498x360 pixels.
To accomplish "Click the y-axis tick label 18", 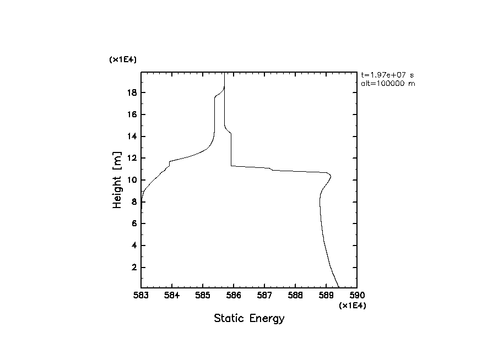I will pos(131,92).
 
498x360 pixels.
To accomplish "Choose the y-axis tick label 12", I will pos(131,158).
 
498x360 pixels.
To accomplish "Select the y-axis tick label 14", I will pos(131,137).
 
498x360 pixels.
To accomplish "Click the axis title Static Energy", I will pos(249,318).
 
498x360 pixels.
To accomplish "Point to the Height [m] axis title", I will pos(117,180).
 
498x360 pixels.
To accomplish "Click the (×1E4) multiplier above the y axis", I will pos(123,59).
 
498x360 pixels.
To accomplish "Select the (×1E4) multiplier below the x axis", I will pos(352,305).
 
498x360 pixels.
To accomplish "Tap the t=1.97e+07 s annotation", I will pos(387,74).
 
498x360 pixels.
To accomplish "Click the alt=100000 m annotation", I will pos(388,84).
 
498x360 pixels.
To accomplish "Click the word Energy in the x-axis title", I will pos(268,319).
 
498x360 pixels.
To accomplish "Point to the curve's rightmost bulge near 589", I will pos(330,176).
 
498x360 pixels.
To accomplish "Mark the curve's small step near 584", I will pos(169,163).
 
